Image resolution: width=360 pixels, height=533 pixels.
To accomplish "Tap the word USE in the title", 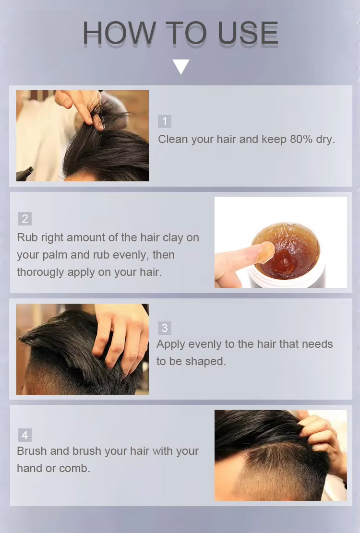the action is (x=248, y=33).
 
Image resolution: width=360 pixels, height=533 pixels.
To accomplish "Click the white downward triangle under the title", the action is (x=181, y=67).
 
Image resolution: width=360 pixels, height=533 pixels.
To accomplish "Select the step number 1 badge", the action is (x=165, y=121).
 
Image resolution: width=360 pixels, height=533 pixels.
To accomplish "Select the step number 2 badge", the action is (x=25, y=219).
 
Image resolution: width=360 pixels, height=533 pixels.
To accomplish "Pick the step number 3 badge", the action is (x=165, y=328).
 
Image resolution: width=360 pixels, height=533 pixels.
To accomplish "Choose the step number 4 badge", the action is (x=25, y=435).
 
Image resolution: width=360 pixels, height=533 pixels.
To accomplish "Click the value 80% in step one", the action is (x=301, y=139).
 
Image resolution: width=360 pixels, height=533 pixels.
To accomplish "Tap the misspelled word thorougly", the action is (x=40, y=272).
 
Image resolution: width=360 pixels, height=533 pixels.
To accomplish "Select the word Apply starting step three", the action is (x=171, y=344).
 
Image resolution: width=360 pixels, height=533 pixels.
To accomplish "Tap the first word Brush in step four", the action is (x=32, y=451).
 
